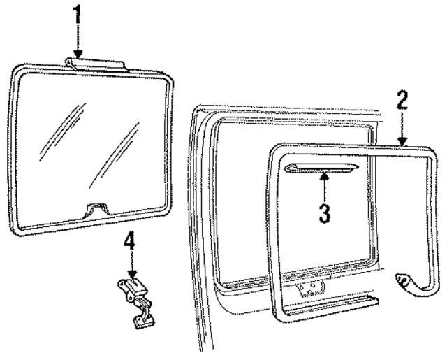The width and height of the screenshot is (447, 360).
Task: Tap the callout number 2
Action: point(402,103)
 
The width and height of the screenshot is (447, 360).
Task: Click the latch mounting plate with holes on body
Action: point(308,289)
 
